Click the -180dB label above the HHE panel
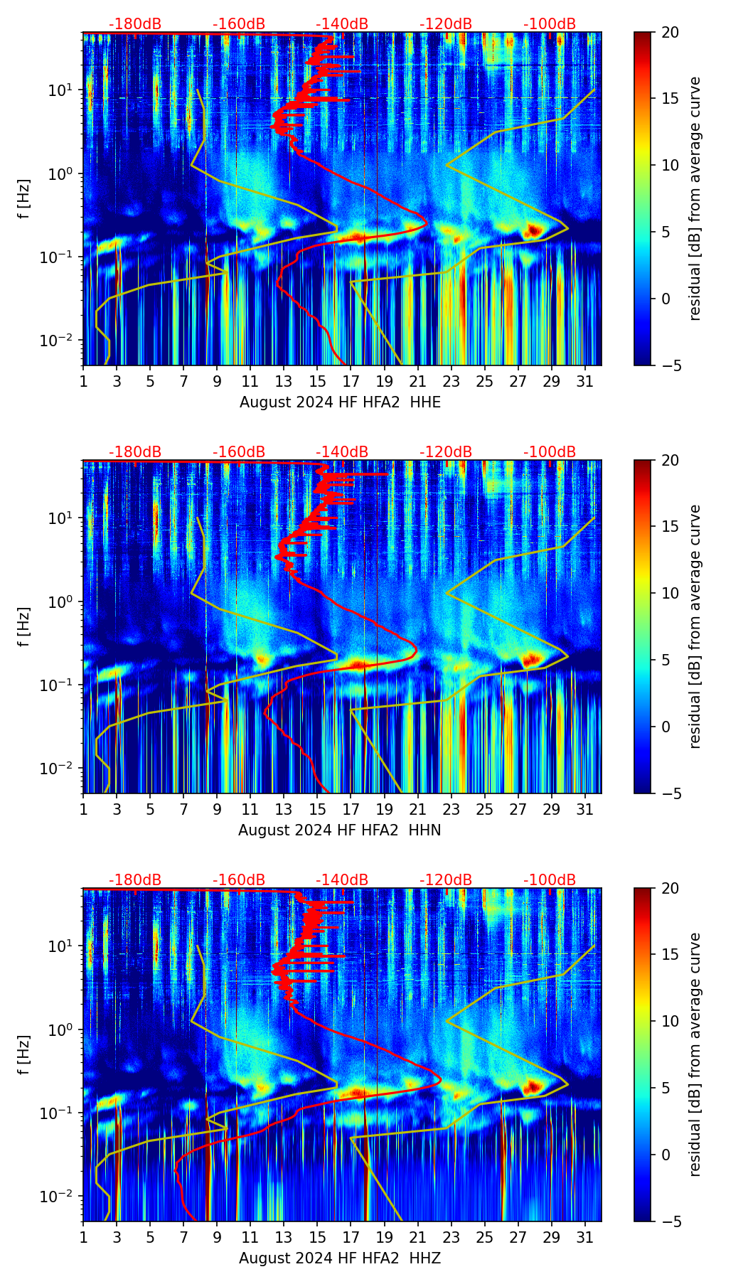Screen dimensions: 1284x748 click(135, 24)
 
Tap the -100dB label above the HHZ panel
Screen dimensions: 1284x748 click(550, 880)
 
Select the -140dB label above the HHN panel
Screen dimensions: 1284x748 click(342, 452)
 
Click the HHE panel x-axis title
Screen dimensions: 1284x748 click(340, 402)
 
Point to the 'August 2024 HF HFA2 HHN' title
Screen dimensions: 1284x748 click(340, 830)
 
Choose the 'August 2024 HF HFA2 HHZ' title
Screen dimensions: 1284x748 click(340, 1258)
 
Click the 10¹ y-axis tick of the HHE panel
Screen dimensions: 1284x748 click(59, 90)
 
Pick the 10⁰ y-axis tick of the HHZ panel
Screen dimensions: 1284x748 click(59, 1029)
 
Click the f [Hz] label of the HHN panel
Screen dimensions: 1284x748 click(24, 626)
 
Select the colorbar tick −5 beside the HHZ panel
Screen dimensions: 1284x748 click(668, 1221)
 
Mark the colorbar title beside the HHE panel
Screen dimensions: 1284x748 click(695, 198)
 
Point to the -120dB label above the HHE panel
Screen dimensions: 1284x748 click(446, 24)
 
